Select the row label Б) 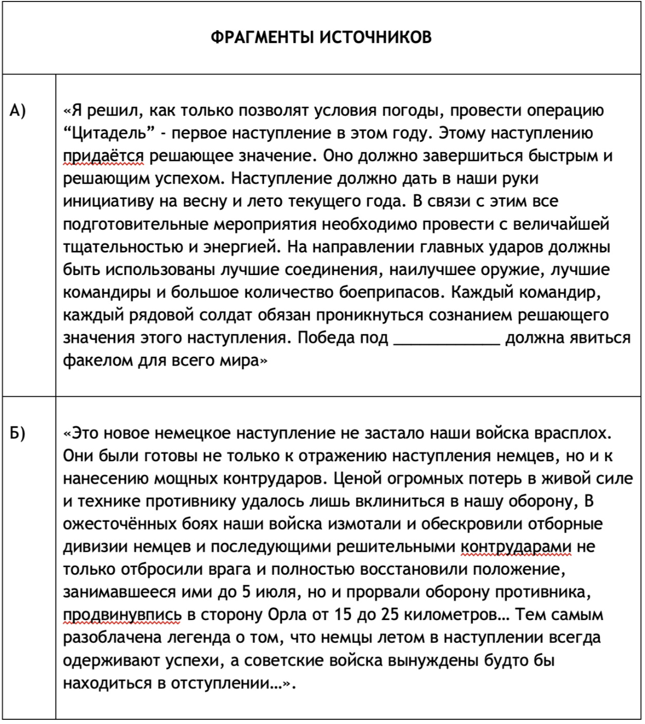[18, 433]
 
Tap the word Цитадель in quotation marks [110, 133]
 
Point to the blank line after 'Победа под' [446, 338]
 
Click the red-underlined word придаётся [103, 156]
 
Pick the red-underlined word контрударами [516, 547]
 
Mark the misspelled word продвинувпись [122, 615]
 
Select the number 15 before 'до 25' [344, 615]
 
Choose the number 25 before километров [391, 615]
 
